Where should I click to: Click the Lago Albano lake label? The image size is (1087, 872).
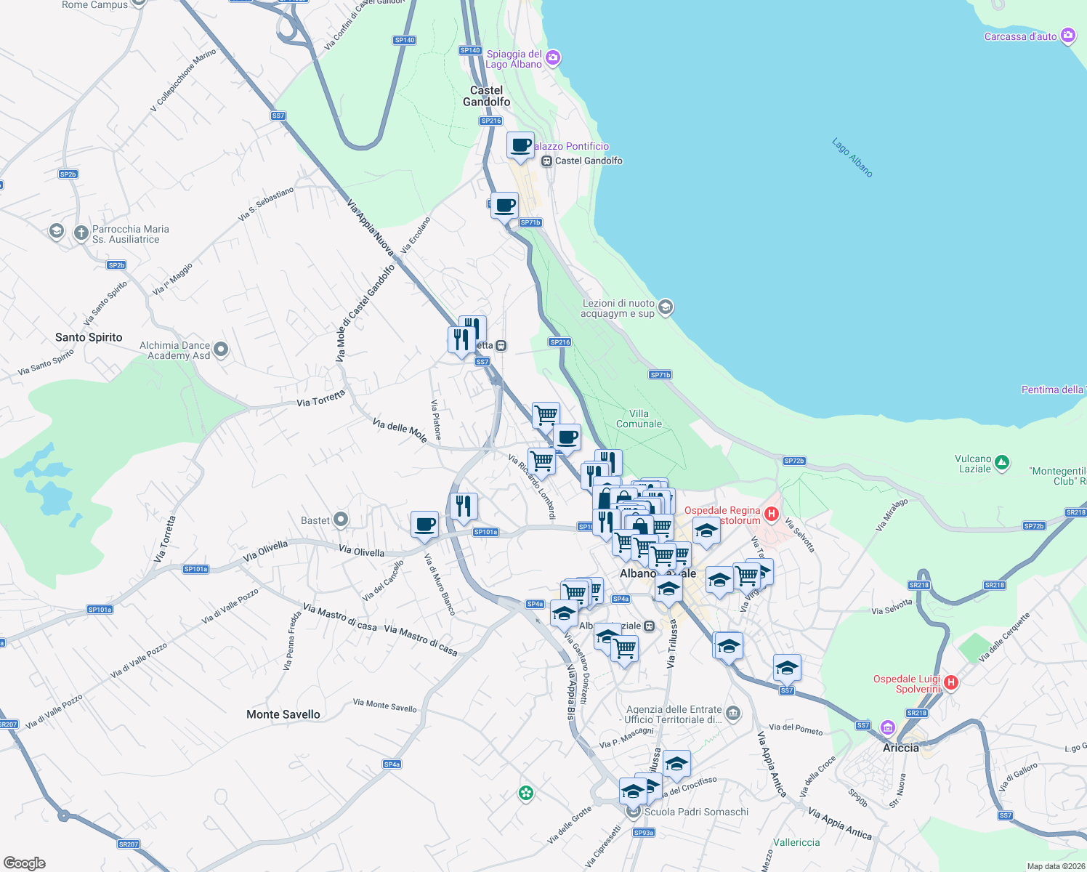[852, 157]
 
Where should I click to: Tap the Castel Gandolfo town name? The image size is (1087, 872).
[486, 96]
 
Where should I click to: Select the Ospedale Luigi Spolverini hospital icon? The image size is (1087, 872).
[950, 682]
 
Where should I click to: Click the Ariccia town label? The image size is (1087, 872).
[900, 748]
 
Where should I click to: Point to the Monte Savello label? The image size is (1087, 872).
[283, 714]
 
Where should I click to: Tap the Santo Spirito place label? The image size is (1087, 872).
[89, 337]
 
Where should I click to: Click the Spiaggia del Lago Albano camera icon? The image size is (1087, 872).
[553, 58]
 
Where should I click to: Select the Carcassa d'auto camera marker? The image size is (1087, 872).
[1067, 36]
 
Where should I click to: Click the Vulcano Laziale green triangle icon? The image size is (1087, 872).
[1002, 462]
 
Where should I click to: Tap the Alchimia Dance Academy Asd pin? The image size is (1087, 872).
[221, 350]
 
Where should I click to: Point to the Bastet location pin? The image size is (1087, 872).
[340, 520]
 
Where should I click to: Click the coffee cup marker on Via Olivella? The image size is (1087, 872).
[425, 523]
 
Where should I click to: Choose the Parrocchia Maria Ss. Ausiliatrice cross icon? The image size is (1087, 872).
[81, 233]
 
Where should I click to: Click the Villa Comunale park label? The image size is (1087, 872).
[639, 419]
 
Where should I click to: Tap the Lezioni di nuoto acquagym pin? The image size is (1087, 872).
[666, 308]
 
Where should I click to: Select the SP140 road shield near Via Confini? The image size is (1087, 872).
[405, 40]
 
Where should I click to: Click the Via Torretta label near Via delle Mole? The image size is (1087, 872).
[320, 398]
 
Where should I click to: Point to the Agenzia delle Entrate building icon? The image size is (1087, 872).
[733, 714]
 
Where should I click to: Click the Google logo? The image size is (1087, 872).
[24, 863]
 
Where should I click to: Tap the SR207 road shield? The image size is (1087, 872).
[129, 844]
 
